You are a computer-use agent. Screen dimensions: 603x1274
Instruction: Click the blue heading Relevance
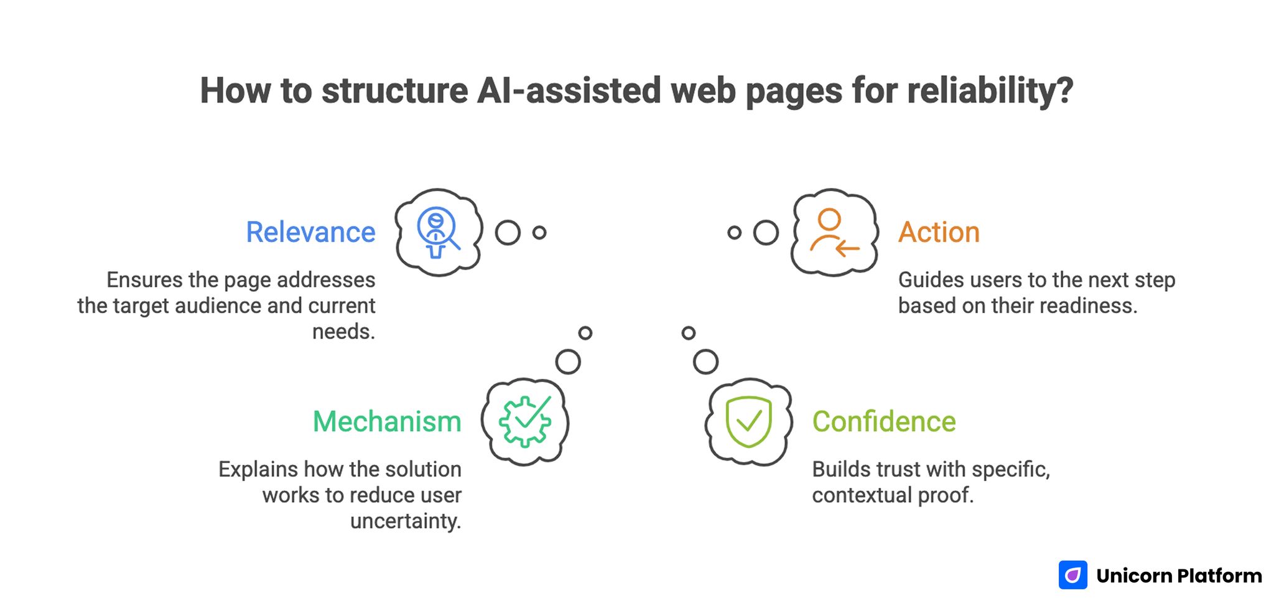(310, 232)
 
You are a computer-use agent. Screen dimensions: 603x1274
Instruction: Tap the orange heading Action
(939, 232)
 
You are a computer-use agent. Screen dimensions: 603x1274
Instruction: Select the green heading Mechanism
(387, 421)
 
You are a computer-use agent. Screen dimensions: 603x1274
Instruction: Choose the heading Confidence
(883, 421)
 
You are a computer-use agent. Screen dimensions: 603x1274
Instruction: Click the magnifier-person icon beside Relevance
(438, 232)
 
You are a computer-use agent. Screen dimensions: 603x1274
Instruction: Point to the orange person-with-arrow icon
(834, 232)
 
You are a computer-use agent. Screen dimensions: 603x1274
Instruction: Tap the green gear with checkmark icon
(526, 421)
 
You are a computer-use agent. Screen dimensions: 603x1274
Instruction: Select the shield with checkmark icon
(748, 421)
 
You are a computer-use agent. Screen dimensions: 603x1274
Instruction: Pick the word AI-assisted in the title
(569, 91)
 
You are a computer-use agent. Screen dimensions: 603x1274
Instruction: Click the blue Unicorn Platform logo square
(1072, 575)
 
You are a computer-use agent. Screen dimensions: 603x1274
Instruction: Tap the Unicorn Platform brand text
(1179, 576)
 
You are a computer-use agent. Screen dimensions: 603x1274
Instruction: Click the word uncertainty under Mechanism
(405, 521)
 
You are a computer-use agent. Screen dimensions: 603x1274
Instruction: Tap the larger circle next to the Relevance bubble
(508, 233)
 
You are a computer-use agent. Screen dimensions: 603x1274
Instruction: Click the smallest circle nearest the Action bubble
(734, 233)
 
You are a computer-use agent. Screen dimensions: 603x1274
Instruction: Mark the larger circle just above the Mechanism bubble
(568, 362)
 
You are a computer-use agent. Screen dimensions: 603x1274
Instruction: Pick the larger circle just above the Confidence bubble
(705, 362)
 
